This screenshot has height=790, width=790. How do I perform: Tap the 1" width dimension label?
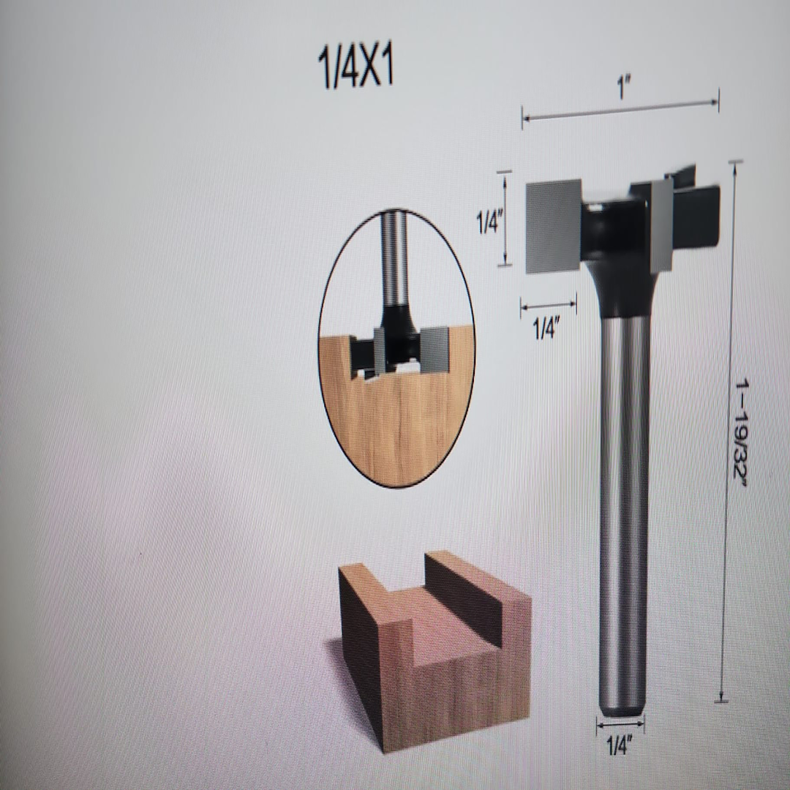622,89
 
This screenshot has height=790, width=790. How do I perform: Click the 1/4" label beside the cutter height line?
489,222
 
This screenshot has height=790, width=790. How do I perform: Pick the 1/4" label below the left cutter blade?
544,330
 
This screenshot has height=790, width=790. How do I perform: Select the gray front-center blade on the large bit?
661,223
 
